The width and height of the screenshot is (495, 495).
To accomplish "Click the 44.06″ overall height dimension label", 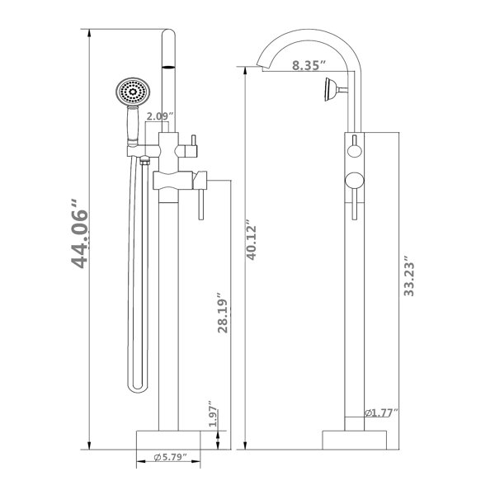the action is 79,234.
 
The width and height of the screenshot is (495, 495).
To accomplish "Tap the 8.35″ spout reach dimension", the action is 309,65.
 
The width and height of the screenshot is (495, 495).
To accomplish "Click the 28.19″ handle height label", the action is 223,313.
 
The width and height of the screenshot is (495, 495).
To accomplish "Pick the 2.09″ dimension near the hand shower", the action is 160,116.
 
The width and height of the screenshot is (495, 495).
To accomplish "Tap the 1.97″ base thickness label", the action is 214,414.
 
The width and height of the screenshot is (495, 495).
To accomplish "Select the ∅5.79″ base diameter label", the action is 171,457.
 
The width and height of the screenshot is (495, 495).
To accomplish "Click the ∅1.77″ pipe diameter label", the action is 381,412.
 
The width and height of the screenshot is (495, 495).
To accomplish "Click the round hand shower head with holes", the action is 133,92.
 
